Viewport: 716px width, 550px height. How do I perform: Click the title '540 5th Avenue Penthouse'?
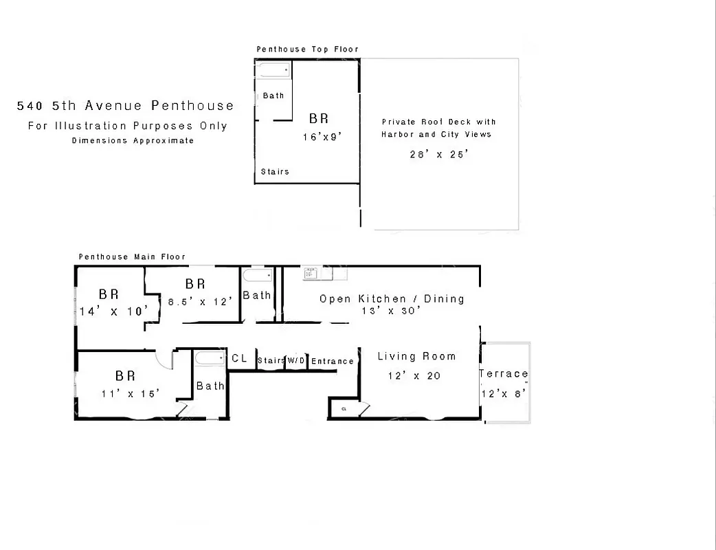125,106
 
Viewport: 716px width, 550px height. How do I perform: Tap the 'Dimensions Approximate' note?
133,141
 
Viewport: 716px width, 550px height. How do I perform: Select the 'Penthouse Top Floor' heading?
307,49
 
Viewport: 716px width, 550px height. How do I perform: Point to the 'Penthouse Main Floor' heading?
132,257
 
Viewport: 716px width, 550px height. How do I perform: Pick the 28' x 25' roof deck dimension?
438,155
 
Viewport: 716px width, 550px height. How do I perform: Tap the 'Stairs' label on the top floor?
275,172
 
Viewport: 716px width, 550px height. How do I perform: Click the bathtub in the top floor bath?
273,70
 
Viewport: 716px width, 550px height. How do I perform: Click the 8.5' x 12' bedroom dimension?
201,300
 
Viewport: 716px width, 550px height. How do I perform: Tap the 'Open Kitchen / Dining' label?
392,299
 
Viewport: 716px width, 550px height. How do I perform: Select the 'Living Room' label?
416,357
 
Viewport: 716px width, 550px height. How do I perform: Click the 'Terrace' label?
504,374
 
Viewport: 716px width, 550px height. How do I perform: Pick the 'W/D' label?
296,361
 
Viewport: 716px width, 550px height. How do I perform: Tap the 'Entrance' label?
333,362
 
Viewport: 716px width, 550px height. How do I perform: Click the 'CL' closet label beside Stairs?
239,358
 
